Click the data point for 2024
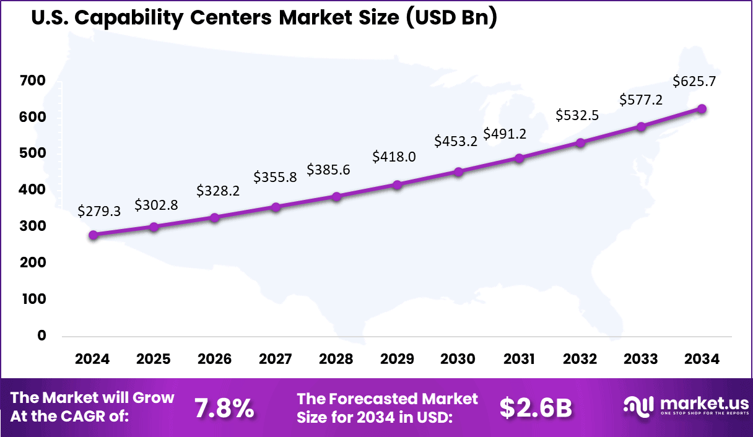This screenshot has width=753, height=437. tap(93, 235)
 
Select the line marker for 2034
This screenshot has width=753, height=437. tap(702, 109)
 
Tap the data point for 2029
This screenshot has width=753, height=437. tap(398, 185)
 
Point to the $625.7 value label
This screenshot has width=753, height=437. tap(694, 81)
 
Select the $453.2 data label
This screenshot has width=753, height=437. tap(456, 141)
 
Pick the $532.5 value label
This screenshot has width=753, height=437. tap(577, 115)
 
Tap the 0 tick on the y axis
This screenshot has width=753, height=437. tap(41, 335)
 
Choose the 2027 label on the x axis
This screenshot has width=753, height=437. tap(275, 360)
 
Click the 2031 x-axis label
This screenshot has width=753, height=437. tap(519, 360)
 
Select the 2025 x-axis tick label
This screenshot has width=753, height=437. tap(154, 360)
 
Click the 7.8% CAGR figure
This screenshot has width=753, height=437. tap(224, 408)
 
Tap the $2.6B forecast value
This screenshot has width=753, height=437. tap(536, 408)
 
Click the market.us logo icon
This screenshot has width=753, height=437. tap(638, 407)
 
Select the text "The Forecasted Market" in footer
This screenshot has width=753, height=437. tap(388, 399)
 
